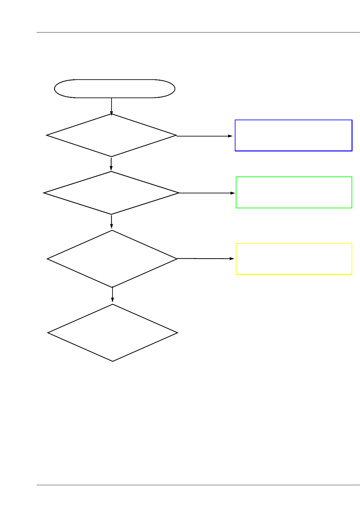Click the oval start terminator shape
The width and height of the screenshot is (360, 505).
(114, 88)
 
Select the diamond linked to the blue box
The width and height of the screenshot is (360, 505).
(111, 135)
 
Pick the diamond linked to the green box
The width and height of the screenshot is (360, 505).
(111, 193)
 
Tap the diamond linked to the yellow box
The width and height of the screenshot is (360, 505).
(112, 259)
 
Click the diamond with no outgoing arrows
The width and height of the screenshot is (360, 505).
(113, 332)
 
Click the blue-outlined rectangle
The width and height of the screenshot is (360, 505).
(293, 135)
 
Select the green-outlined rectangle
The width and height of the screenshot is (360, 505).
(294, 192)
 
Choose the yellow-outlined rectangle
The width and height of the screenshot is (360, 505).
(294, 259)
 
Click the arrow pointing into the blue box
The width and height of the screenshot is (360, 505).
(205, 136)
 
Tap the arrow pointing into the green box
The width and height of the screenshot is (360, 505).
(207, 193)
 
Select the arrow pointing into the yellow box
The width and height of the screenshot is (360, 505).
(206, 259)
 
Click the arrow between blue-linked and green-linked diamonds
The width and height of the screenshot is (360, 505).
(111, 164)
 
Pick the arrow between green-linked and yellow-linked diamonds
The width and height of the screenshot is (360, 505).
(112, 222)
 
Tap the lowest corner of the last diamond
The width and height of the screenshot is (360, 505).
(113, 361)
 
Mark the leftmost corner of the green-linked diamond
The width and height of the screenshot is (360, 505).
(44, 193)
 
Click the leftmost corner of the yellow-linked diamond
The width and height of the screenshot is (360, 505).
(47, 259)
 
